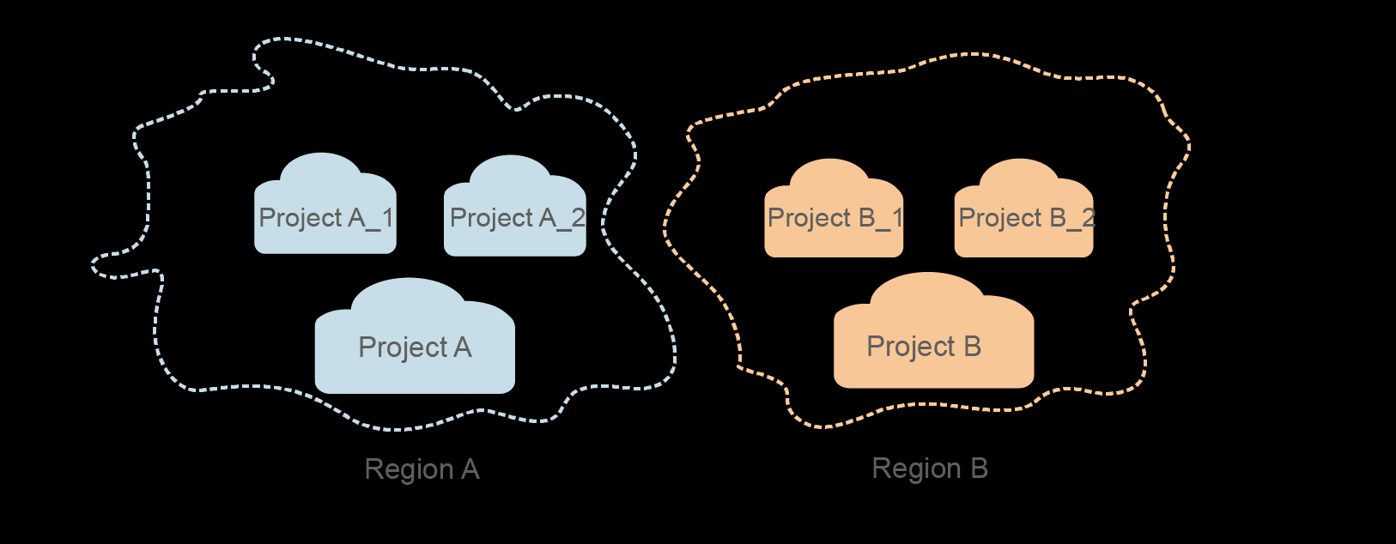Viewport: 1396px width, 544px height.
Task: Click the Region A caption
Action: point(422,469)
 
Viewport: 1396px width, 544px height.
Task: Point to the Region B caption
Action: point(930,468)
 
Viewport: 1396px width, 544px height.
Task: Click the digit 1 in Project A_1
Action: point(387,218)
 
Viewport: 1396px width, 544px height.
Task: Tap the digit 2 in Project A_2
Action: point(578,218)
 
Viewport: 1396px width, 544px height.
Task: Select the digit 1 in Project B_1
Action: point(897,218)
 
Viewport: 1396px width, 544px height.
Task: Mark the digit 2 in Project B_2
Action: point(1088,218)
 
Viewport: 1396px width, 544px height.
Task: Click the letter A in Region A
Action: point(470,469)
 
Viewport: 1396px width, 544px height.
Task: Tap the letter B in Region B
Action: point(979,468)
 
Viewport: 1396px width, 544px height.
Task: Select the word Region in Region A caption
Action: point(409,470)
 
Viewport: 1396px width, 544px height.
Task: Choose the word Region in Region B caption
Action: point(916,469)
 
